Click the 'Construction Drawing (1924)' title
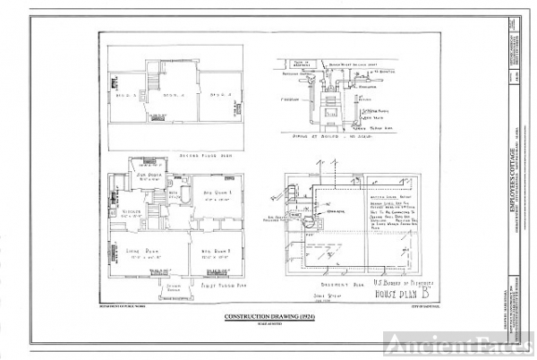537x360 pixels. pos(268,318)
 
